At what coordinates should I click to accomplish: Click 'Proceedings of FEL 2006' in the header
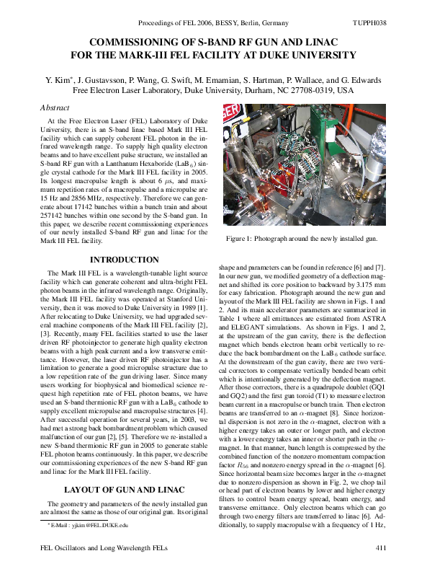[x=177, y=24]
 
